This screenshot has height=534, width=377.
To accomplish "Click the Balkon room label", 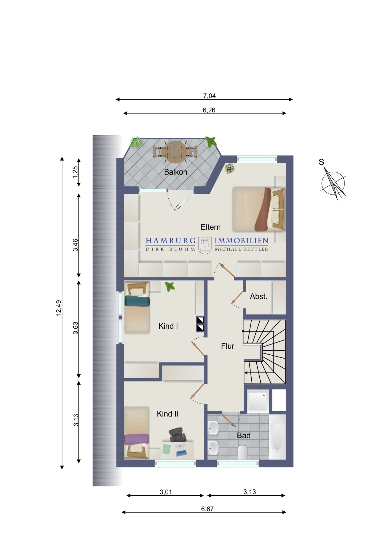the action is pos(175,172).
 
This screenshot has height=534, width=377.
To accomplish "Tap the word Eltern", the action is pos(211,227).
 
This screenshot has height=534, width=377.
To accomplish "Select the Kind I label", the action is pos(168,326).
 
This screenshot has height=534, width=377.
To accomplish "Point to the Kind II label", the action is pos(168,414).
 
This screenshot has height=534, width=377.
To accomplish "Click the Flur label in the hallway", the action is pos(228,346).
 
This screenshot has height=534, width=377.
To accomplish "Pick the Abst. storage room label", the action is pos(259,296).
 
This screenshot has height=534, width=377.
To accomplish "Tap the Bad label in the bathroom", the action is pos(244,435).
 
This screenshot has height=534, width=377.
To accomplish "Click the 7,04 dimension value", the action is pos(209,96).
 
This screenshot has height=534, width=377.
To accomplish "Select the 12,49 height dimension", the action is pos(59,308).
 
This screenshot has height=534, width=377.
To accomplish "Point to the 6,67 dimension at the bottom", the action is pos(207,509).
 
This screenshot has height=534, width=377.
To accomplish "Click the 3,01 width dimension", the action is pos(166,492).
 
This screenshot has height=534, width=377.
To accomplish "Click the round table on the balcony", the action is pos(175,152).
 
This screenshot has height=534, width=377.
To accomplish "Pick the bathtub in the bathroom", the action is pos(277,437).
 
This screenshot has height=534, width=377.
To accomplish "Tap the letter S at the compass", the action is pos(322,162).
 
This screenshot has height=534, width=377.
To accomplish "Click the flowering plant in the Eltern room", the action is pos(229,169).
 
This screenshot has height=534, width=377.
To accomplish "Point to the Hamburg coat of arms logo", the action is pos(205,245).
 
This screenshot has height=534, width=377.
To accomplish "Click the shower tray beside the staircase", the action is pos(258,401).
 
